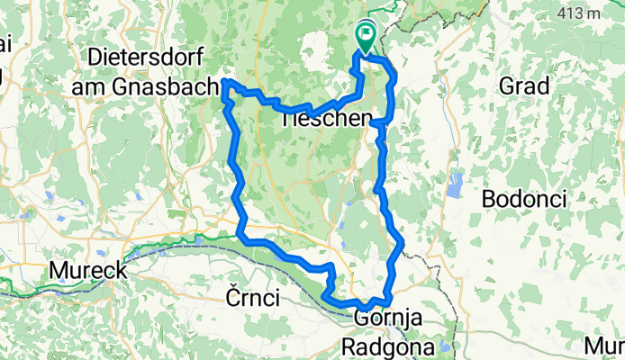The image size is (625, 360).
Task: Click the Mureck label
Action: click(89, 270)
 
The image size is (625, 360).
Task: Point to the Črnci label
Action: click(252, 298)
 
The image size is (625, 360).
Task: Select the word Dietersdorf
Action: click(145, 57)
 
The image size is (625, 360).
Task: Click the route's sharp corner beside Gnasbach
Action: click(225, 84)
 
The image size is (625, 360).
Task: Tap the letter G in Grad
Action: click(504, 87)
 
